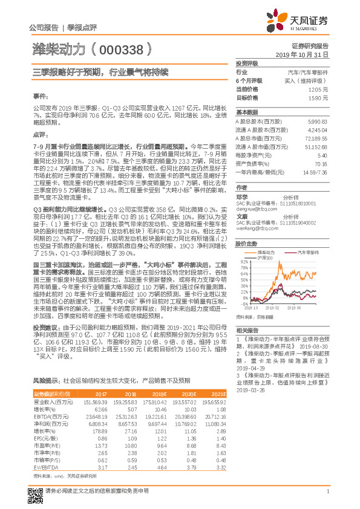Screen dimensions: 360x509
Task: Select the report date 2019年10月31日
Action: point(306,54)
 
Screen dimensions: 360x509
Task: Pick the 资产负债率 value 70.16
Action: point(321,163)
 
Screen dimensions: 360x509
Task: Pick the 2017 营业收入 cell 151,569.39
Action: point(95,400)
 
